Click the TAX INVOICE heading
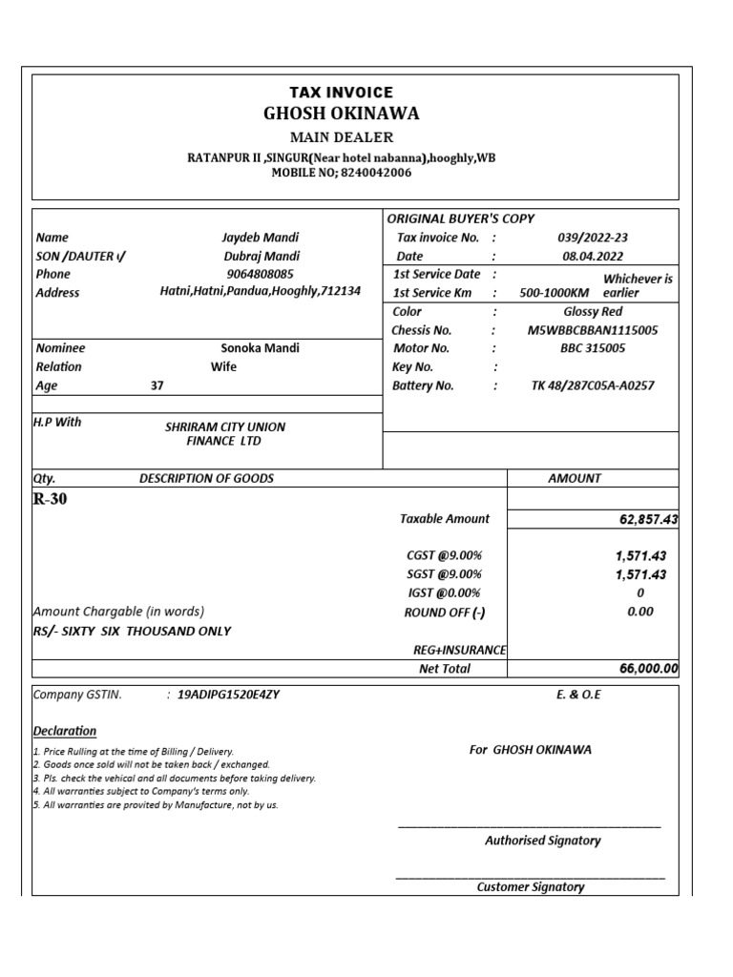[x=341, y=93]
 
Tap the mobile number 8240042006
[x=374, y=173]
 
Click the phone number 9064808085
[x=260, y=274]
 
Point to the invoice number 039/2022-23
[x=592, y=238]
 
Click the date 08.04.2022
[x=592, y=256]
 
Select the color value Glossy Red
[x=592, y=312]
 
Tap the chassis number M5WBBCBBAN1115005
[x=592, y=330]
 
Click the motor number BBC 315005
[x=592, y=348]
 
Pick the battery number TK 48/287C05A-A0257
[x=592, y=385]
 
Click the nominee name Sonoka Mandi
[x=260, y=348]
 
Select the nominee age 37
[x=157, y=386]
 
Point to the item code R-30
[x=51, y=499]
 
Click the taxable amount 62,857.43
[x=648, y=519]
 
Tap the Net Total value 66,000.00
[x=648, y=669]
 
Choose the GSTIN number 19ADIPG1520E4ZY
[x=228, y=695]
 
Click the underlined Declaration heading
[x=65, y=731]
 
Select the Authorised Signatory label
[x=542, y=841]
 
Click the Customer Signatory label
[x=530, y=887]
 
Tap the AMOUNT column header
[x=575, y=478]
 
